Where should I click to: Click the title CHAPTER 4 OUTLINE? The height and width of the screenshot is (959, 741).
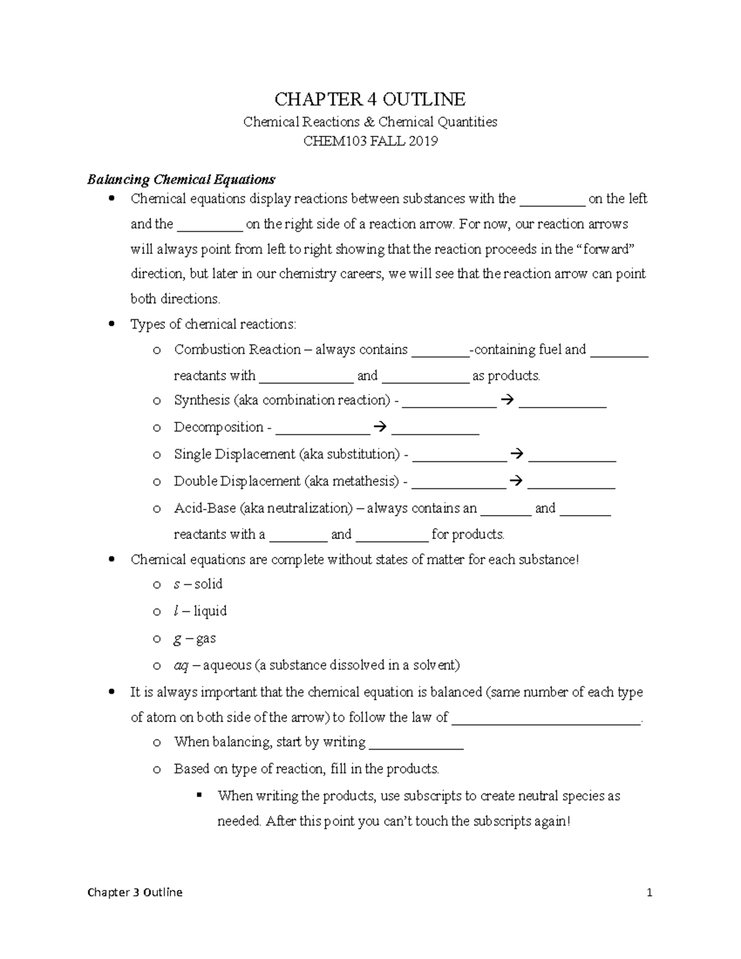370,99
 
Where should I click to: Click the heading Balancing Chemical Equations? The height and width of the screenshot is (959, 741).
181,180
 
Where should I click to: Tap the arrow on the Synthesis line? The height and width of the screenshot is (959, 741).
508,400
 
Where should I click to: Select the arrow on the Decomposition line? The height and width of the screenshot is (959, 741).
380,427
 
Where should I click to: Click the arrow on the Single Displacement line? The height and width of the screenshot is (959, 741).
517,454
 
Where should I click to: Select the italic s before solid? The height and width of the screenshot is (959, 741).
177,584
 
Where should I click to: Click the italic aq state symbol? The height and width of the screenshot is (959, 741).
181,665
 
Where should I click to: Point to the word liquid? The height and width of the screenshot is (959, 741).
210,611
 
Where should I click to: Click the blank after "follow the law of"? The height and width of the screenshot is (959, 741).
546,718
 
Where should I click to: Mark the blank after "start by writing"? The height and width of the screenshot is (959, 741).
416,743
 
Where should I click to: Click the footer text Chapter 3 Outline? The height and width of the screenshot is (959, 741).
135,892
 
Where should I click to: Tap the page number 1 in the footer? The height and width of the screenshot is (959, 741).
649,892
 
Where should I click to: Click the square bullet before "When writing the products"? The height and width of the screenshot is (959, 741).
199,795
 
